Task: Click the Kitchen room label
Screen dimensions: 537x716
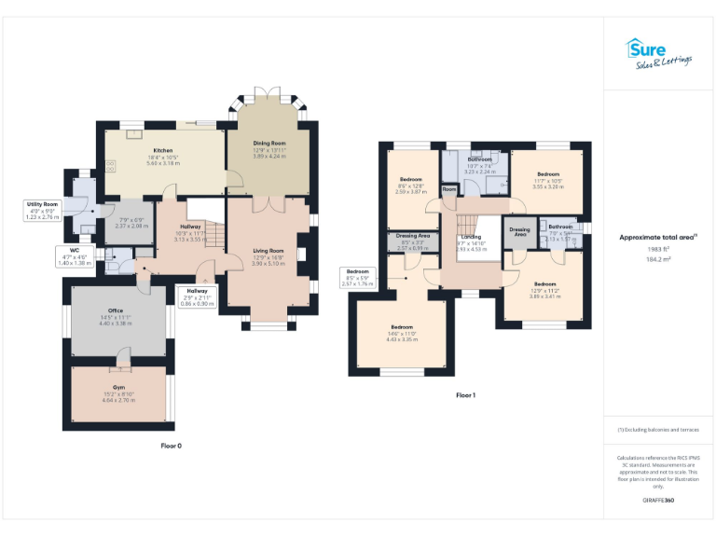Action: tap(163, 149)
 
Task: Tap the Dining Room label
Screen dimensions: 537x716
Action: tap(268, 144)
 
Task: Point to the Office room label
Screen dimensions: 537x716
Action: tap(116, 310)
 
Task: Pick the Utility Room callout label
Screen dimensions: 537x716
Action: tap(43, 204)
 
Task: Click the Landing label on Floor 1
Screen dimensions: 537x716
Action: tap(471, 237)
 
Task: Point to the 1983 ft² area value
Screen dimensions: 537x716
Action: tap(658, 249)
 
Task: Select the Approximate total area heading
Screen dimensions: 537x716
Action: tap(658, 238)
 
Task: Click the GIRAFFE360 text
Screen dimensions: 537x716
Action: tap(658, 502)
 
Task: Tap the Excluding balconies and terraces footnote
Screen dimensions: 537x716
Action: tap(658, 429)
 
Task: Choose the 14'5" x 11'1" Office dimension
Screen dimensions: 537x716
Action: tap(116, 317)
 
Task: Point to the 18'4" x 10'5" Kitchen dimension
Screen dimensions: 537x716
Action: tap(163, 156)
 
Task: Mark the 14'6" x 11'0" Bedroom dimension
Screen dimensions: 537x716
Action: tap(402, 334)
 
